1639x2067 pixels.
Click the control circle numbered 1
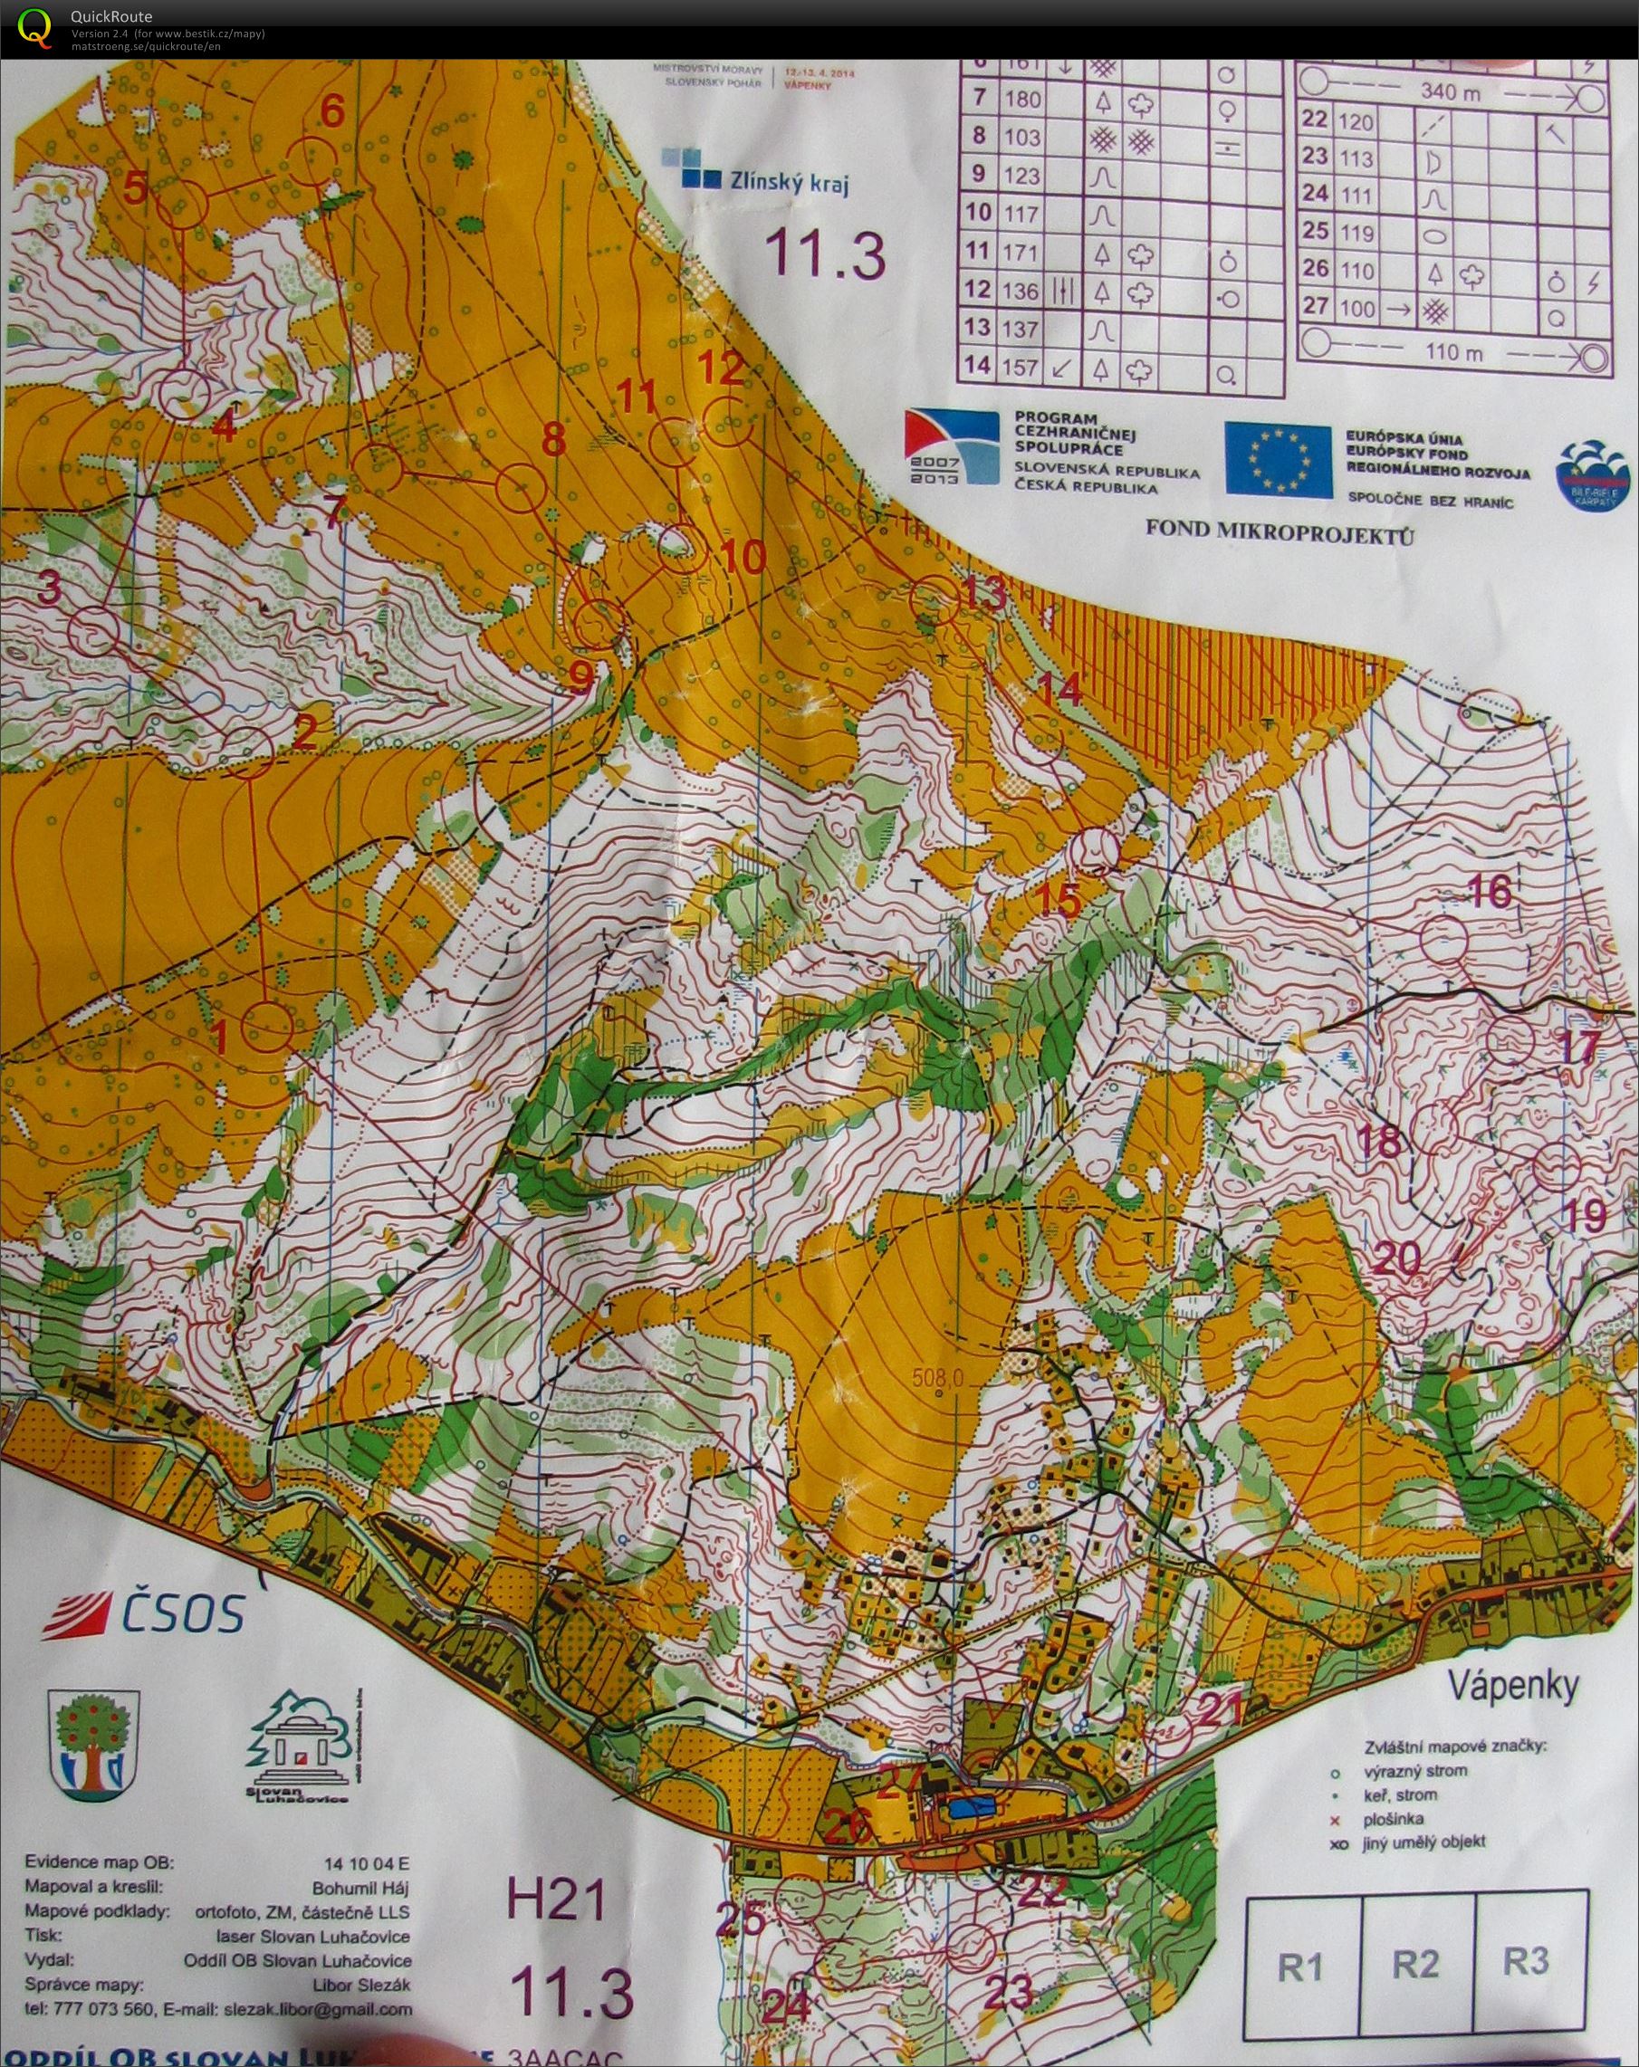[x=265, y=1028]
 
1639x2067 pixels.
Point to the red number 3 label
[x=49, y=588]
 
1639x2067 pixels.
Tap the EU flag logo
[x=1279, y=461]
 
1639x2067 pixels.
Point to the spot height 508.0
[x=937, y=1379]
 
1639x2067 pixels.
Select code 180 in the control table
[x=1021, y=99]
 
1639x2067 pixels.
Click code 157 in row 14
[x=1021, y=368]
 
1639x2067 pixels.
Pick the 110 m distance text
[x=1453, y=353]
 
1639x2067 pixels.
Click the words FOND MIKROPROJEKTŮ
[x=1280, y=538]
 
